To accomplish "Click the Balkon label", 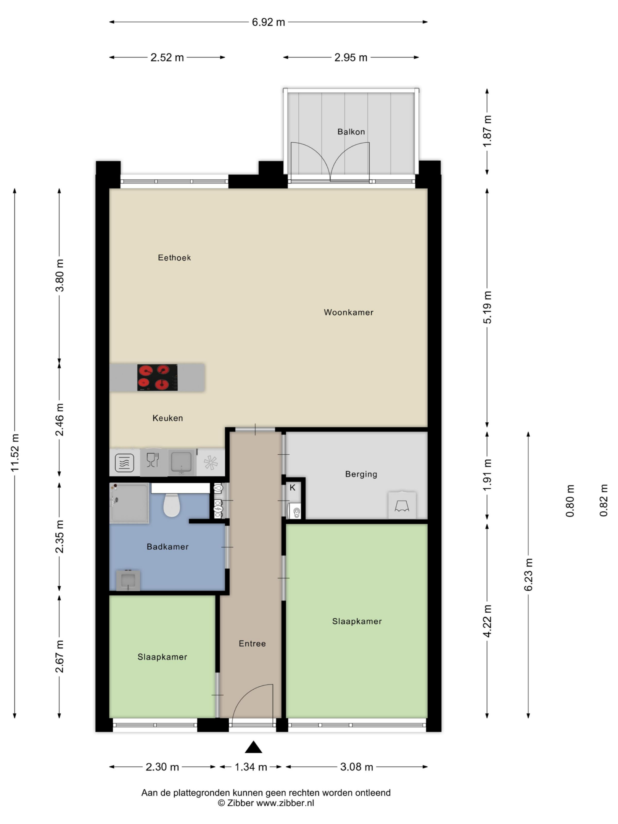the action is click(x=351, y=132).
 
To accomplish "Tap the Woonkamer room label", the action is click(x=348, y=312).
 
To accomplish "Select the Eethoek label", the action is click(x=174, y=257).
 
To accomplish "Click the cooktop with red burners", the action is click(x=157, y=377).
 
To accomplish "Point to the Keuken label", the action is click(x=167, y=418).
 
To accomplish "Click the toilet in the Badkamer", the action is click(x=172, y=505).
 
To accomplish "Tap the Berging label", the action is click(x=361, y=474).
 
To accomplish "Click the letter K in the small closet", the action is click(x=293, y=488).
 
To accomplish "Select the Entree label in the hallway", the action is click(x=252, y=644).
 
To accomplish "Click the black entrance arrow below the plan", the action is click(x=253, y=747).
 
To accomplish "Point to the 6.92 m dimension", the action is click(x=268, y=22).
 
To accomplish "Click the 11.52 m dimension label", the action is click(x=15, y=453).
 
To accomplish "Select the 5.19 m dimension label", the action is click(x=488, y=307).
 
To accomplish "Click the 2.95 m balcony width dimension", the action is click(x=351, y=58).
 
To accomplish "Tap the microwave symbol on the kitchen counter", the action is click(x=124, y=463).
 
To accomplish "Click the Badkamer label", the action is click(x=167, y=547).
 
